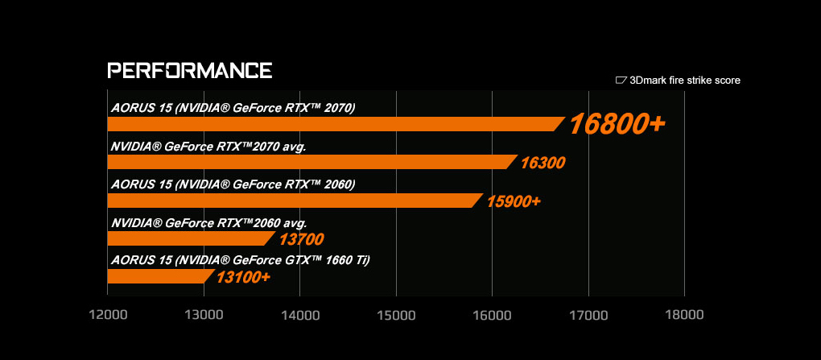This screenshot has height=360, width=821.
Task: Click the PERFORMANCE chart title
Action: click(189, 69)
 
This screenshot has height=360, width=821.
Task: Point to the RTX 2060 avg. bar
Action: click(191, 238)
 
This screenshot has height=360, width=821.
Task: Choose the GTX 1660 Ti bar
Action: click(159, 276)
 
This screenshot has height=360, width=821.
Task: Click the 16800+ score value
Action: click(617, 124)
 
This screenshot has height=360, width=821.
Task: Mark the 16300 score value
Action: click(543, 163)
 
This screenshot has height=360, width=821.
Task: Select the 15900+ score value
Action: click(514, 200)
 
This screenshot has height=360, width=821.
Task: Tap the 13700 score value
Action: click(301, 239)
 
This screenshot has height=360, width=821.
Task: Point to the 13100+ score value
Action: click(243, 277)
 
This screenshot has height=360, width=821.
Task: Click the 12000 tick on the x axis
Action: click(107, 314)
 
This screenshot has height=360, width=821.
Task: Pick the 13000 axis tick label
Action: click(204, 314)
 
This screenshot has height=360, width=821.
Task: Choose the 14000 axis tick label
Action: click(299, 314)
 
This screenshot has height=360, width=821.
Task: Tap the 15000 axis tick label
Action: click(396, 314)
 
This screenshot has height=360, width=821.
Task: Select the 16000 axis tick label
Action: click(492, 314)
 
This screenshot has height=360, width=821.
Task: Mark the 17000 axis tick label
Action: click(588, 314)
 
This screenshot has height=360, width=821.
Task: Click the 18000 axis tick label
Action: click(684, 314)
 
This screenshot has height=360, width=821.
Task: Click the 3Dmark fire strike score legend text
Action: click(684, 81)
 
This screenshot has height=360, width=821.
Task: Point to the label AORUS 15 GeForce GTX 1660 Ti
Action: click(240, 259)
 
